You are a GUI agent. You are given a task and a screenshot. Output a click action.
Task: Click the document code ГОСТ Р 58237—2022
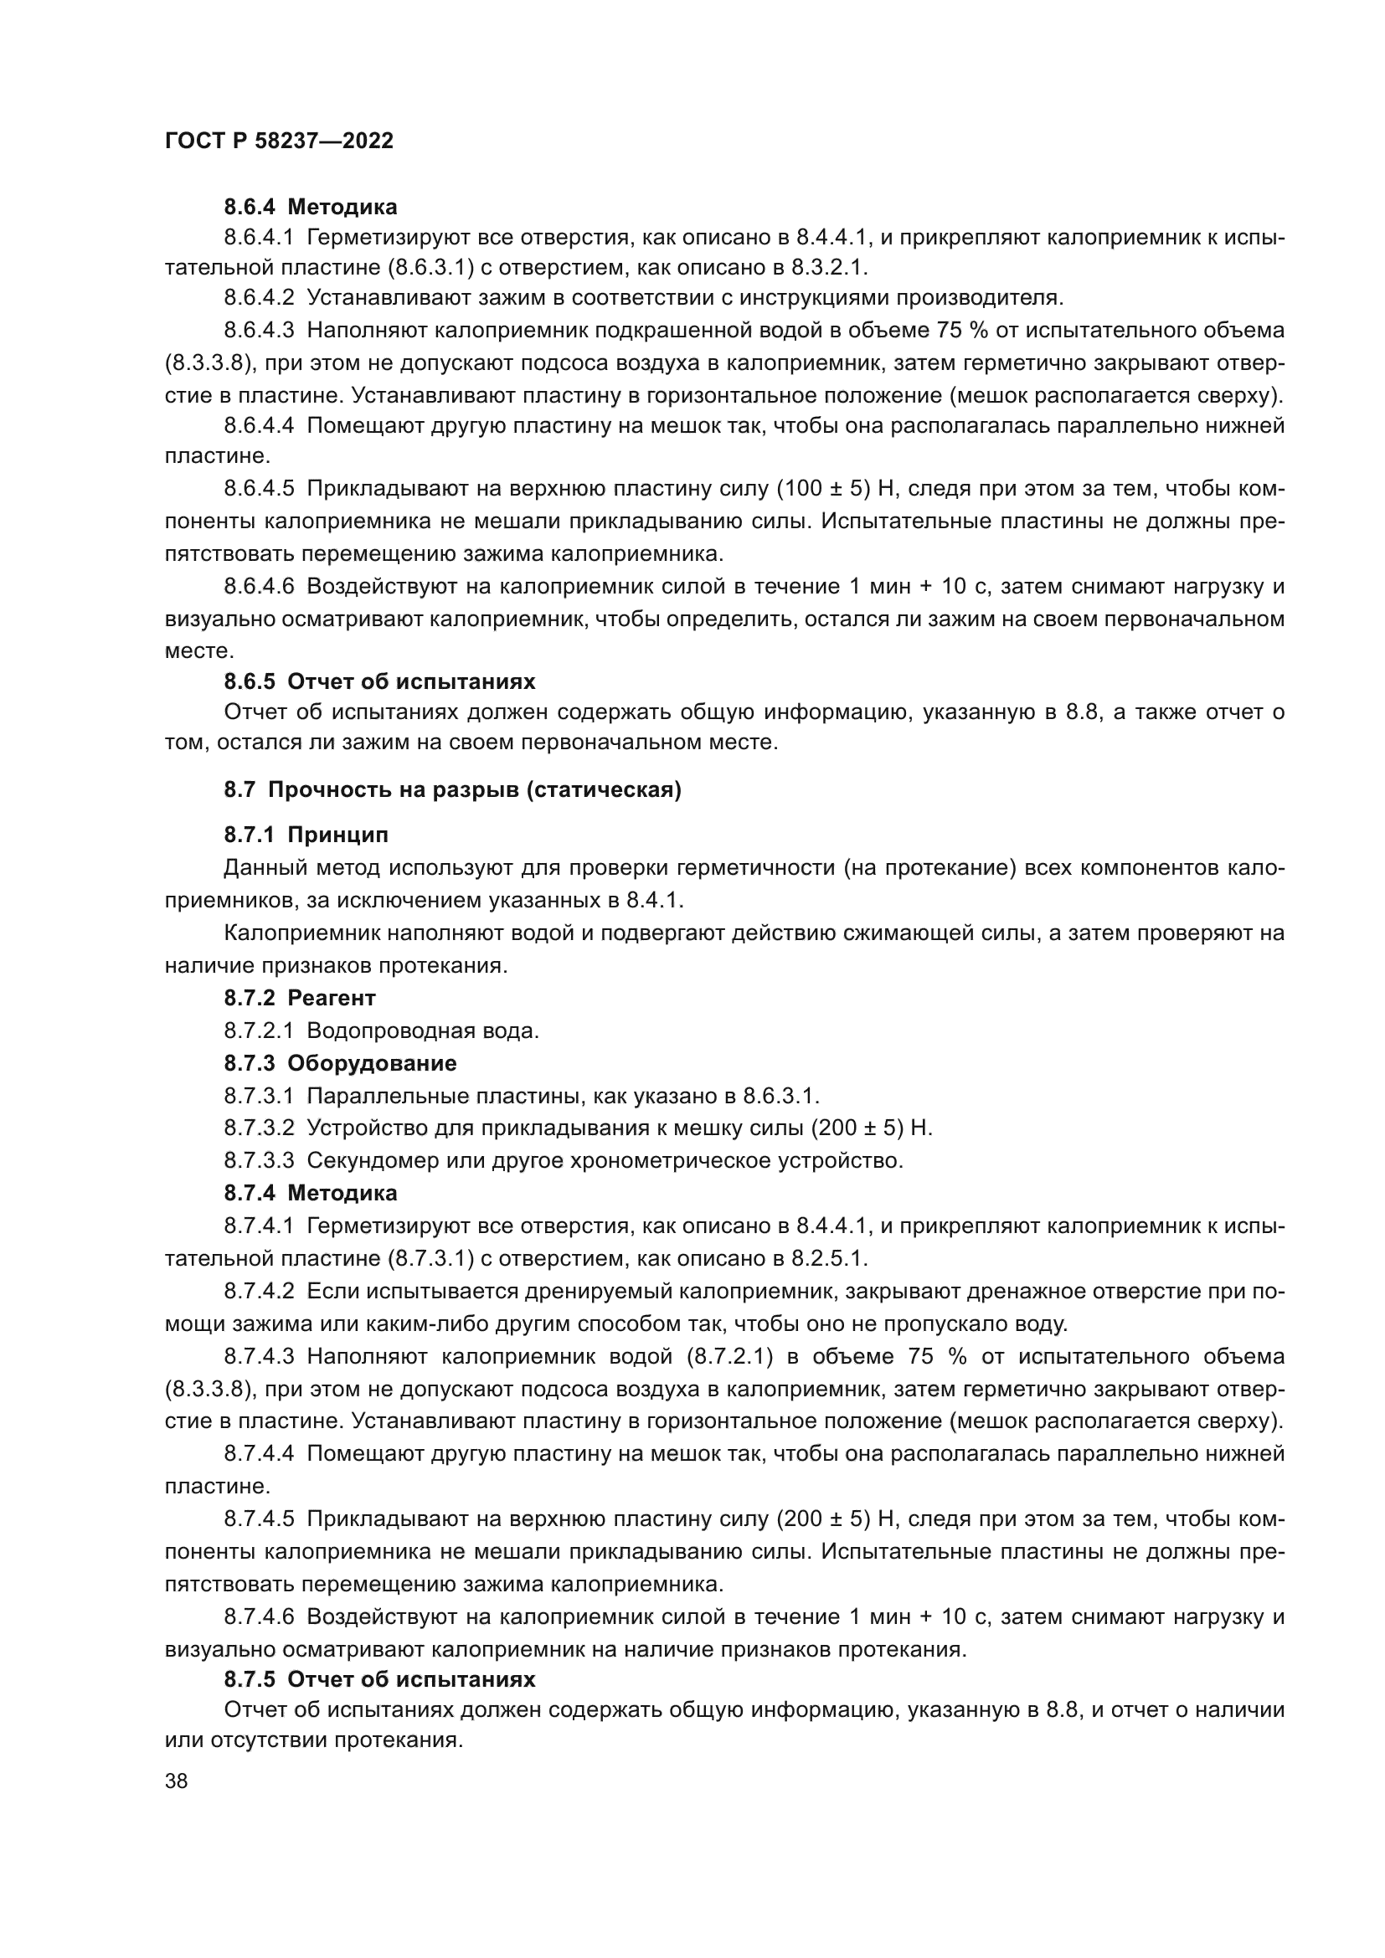coord(279,141)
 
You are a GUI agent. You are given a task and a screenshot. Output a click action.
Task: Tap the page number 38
coord(177,1781)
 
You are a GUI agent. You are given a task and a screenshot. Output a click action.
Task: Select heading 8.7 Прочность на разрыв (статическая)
coord(452,789)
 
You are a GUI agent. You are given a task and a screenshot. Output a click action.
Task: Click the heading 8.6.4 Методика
coord(311,207)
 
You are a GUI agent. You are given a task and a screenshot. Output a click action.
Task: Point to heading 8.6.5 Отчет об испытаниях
coord(379,681)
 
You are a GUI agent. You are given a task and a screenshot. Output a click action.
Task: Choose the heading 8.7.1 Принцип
coord(306,835)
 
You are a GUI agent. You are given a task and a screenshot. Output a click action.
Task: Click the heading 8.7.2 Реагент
coord(299,998)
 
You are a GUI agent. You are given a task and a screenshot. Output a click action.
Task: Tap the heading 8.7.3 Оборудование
coord(340,1063)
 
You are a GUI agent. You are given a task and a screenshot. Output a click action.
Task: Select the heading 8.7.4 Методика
coord(311,1192)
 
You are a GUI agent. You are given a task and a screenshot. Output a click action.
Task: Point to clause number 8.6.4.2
coord(259,298)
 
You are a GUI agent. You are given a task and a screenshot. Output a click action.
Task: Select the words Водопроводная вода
coord(422,1031)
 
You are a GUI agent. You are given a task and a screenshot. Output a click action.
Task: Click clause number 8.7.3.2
coord(259,1128)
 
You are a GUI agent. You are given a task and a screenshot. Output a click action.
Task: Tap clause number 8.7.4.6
coord(259,1617)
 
